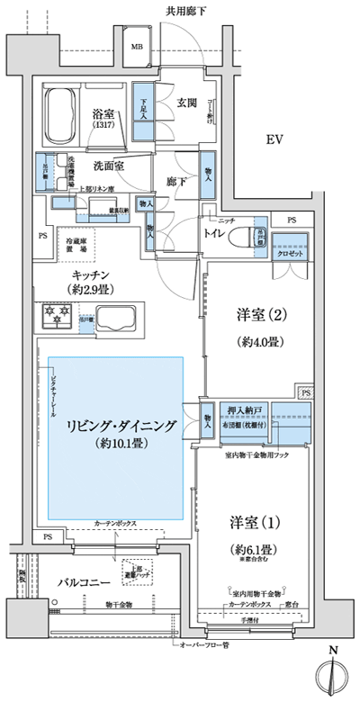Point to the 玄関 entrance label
[186, 103]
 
